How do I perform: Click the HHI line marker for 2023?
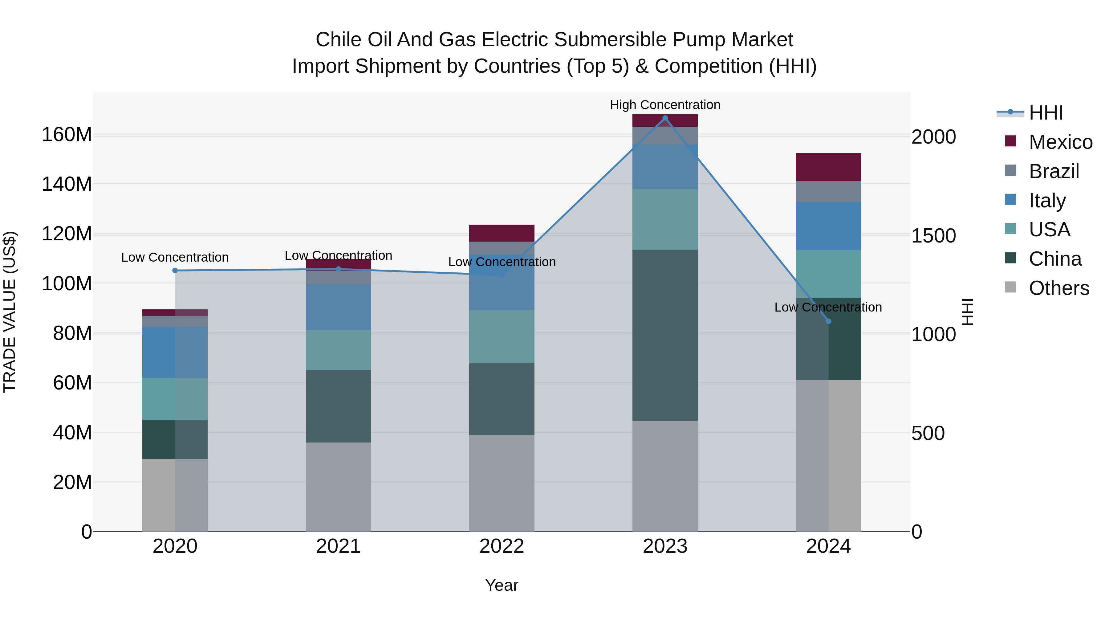665,118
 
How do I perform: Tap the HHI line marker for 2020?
175,271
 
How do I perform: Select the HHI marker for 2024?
828,321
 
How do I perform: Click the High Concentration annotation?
665,105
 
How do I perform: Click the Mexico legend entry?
1060,142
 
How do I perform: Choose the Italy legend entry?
1047,200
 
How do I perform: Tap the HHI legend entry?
1046,113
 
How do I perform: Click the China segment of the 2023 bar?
665,335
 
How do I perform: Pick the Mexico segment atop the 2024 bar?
828,167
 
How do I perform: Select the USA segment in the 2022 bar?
502,336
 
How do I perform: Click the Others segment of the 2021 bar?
338,487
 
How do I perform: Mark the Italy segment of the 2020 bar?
175,352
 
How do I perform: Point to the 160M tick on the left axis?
67,135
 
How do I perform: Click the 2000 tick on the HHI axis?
933,137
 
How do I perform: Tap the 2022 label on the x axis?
502,546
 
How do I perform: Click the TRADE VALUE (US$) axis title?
10,312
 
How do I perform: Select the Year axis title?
502,585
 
